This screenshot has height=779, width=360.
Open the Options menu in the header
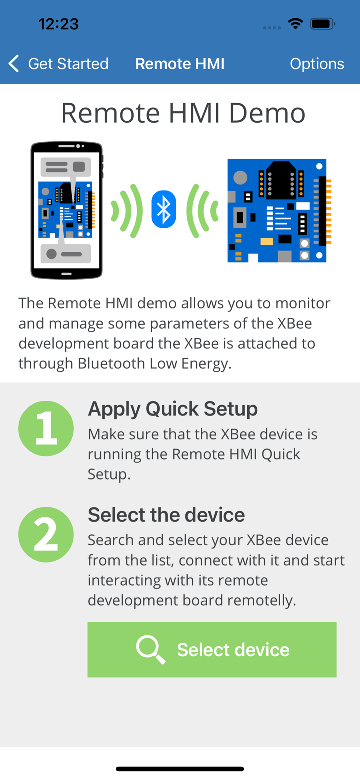[317, 64]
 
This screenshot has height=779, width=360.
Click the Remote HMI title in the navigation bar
[180, 64]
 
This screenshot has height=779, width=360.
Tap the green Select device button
[212, 649]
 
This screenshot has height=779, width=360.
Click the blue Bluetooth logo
[164, 209]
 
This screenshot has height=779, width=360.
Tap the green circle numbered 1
[46, 429]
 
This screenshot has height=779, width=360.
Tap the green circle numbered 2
[46, 535]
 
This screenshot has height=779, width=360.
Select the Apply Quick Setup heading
[173, 409]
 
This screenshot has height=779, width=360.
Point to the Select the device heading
[166, 514]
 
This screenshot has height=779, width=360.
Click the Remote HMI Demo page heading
[183, 113]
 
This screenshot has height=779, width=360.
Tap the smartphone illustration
[67, 210]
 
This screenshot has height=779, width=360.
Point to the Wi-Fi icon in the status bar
[296, 24]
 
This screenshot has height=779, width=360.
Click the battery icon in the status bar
[322, 24]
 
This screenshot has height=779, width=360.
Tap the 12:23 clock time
[59, 24]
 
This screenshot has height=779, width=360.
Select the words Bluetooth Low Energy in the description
[155, 364]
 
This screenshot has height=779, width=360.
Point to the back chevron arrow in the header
[14, 64]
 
